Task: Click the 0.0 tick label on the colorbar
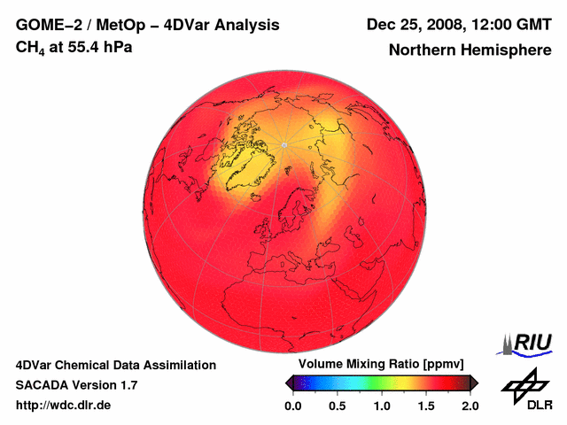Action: (x=293, y=406)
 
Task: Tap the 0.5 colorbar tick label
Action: (x=338, y=406)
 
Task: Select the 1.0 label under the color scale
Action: (x=382, y=406)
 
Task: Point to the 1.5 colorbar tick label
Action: (x=426, y=406)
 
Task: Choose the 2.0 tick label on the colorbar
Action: (x=470, y=406)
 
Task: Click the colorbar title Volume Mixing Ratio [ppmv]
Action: (x=381, y=365)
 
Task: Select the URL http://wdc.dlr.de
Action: (x=64, y=406)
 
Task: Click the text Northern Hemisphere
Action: (x=470, y=50)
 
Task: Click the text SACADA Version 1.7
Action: (x=77, y=385)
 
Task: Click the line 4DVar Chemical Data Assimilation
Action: (x=115, y=365)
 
